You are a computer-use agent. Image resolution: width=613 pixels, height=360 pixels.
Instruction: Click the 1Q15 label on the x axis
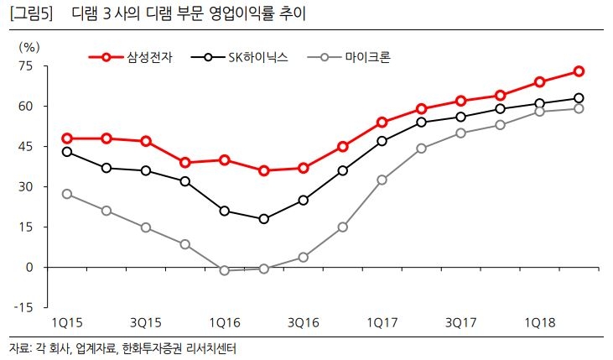pos(67,323)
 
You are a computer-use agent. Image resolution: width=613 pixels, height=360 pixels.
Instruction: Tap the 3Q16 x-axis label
pos(304,323)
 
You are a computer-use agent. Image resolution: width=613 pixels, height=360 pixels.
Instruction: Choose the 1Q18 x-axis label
pos(539,323)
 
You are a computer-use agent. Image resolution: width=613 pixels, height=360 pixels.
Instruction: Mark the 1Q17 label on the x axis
pos(382,323)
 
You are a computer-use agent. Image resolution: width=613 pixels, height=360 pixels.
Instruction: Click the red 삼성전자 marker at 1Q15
pos(67,138)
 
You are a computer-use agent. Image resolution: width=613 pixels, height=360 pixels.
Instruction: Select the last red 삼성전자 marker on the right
pos(579,71)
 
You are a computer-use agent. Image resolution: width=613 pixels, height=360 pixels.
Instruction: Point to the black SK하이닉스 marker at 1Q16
pos(225,211)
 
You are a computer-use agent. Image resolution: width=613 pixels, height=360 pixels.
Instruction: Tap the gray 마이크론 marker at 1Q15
pos(67,194)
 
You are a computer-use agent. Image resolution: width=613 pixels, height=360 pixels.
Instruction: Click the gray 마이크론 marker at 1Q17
pos(382,180)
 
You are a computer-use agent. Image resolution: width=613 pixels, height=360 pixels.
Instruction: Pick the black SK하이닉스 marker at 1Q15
pos(67,152)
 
